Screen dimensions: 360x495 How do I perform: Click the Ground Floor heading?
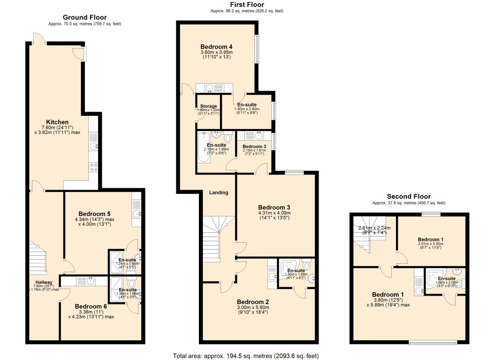tap(84, 17)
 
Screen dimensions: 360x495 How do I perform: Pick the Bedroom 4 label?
tap(216, 47)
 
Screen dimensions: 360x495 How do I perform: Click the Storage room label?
tap(208, 107)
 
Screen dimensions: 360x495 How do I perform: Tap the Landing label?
tap(219, 192)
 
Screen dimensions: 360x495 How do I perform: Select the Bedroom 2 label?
tap(253, 302)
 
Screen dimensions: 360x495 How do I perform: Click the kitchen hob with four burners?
tap(92, 167)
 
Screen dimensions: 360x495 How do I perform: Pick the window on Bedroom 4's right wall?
tap(257, 49)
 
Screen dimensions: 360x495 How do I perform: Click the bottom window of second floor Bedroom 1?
tap(433, 342)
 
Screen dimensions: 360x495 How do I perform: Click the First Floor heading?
tap(247, 5)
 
